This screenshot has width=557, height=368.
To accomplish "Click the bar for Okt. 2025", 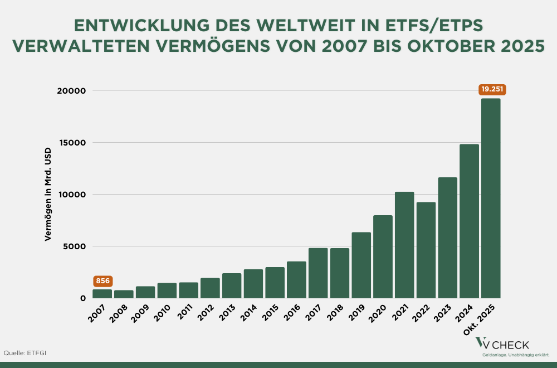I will [491, 198].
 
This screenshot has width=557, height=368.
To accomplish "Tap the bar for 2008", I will [124, 294].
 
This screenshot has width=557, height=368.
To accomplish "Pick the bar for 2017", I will [318, 273].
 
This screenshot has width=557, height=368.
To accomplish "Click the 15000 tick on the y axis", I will [73, 143].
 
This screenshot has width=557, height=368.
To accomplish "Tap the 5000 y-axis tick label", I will [75, 246].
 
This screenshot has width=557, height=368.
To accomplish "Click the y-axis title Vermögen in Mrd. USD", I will [48, 195].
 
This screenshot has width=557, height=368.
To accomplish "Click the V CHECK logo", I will [502, 345].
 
